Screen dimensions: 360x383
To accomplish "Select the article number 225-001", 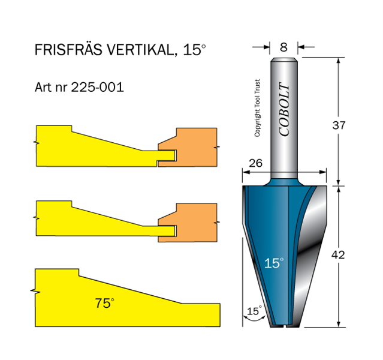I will [x=97, y=87].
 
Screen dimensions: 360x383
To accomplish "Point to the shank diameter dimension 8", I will [x=284, y=46].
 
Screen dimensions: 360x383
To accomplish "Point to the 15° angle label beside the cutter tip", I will [x=255, y=311].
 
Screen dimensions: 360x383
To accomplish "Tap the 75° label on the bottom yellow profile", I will [x=104, y=303].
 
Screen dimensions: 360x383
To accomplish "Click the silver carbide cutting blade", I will [x=315, y=234].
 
